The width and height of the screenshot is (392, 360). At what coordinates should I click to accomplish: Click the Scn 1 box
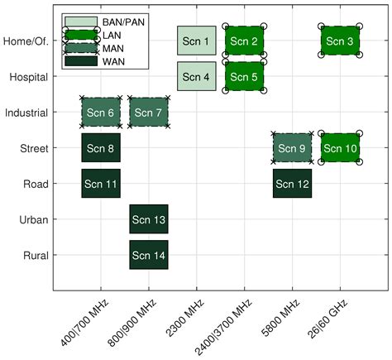(x=196, y=41)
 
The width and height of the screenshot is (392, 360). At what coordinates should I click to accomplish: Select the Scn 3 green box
(x=340, y=41)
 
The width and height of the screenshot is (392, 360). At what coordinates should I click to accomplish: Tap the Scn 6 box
(x=101, y=112)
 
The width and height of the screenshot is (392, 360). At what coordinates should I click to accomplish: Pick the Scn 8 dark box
(x=101, y=147)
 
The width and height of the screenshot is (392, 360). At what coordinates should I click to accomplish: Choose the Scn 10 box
(x=340, y=147)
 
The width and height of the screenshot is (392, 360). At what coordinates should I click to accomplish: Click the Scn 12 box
(x=292, y=183)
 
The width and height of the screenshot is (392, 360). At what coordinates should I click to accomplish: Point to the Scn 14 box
(x=149, y=255)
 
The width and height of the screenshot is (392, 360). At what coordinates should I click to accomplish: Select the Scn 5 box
(x=244, y=76)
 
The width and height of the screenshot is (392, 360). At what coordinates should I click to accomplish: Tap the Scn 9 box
(x=292, y=147)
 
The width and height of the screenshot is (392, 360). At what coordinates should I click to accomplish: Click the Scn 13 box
(x=149, y=219)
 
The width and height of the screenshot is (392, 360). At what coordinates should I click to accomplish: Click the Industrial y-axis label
(x=25, y=112)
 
